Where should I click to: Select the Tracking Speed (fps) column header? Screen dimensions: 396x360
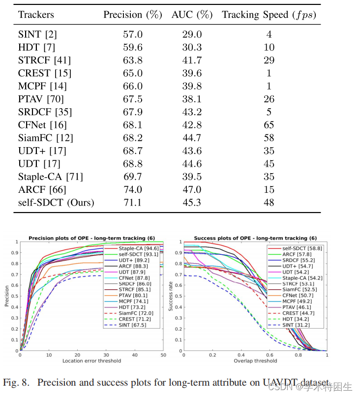(x=269, y=15)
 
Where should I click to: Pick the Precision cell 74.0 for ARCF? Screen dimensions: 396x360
(x=132, y=189)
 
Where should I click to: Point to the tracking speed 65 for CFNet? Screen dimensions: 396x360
(x=269, y=125)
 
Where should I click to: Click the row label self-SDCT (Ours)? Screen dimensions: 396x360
(x=56, y=202)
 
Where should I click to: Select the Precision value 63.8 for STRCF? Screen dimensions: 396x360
(x=132, y=61)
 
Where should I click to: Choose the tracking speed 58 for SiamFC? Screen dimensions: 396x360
(x=269, y=138)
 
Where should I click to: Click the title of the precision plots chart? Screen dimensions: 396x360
(x=91, y=238)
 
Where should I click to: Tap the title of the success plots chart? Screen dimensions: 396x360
(x=255, y=238)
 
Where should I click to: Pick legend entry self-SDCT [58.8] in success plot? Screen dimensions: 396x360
(x=295, y=248)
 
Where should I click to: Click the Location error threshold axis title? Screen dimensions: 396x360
(x=91, y=361)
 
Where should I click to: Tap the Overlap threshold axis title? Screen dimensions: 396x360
(x=255, y=361)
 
